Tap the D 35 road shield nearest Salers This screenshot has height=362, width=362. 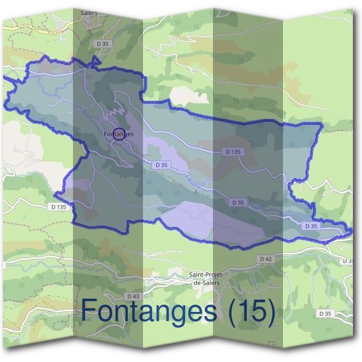pos(102,43)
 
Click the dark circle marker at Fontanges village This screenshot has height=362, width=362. pos(119,135)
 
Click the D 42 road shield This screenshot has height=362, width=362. pos(265,259)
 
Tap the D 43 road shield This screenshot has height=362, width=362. pos(133,296)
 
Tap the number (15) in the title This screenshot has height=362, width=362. pos(249,311)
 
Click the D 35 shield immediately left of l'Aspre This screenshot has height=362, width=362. pos(160,165)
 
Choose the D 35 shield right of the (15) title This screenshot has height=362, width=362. pos(325,314)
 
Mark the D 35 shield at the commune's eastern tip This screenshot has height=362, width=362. pos(311,226)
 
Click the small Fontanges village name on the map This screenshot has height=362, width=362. pos(118,134)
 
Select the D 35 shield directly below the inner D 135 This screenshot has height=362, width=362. pos(238,203)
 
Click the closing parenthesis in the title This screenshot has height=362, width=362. pos(270,311)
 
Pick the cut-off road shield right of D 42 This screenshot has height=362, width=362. pos(348,261)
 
